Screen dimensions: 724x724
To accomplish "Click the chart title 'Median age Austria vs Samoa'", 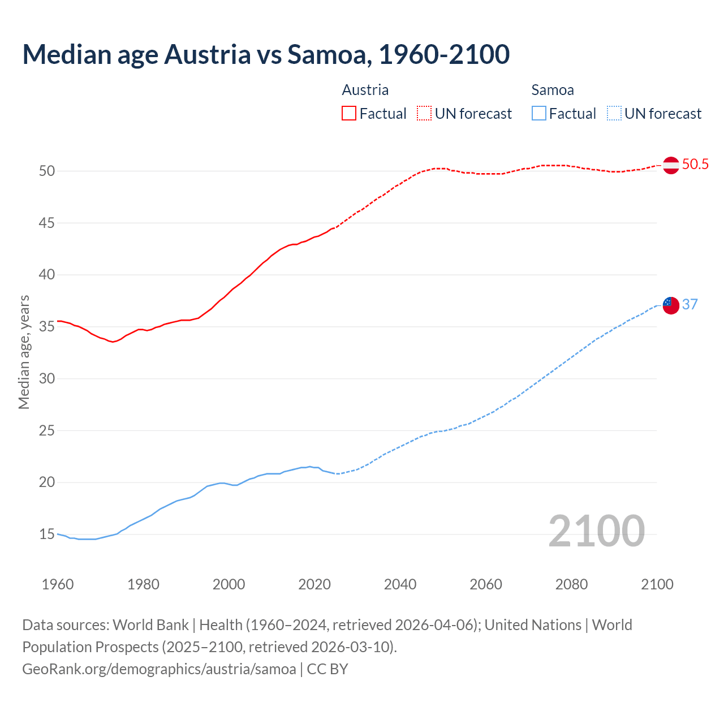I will tap(266, 54).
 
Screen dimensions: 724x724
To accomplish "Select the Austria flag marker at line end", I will tap(671, 165).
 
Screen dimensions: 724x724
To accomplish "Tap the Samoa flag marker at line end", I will tap(671, 305).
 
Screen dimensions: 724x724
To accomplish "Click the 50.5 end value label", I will tap(695, 165).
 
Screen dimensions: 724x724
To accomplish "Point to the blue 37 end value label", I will tap(690, 305).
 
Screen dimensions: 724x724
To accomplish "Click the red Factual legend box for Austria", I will tap(349, 114).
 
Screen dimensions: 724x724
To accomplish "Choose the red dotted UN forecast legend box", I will tap(424, 114).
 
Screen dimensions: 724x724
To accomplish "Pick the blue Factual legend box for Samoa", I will tap(539, 114).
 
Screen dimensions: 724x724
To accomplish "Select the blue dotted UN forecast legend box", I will tap(614, 114).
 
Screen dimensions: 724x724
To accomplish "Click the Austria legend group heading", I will tap(365, 90).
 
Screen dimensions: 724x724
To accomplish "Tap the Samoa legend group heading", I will tap(553, 90).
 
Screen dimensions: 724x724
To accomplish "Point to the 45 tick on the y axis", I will tap(47, 223).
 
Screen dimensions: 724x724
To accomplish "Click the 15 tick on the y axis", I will tap(47, 535).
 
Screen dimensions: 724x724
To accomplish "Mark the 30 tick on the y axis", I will tap(47, 379).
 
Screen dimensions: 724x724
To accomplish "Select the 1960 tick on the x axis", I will tap(58, 584).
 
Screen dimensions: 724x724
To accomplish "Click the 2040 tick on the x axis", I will tap(400, 584).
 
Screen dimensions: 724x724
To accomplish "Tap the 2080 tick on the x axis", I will tap(571, 584).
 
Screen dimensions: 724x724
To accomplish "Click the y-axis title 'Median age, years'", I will tap(24, 352).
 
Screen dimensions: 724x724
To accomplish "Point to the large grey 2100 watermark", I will tap(596, 531).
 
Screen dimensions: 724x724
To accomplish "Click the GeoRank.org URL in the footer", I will tap(159, 669).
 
